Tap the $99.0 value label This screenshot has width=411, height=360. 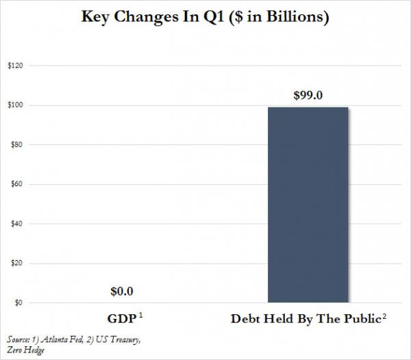[x=308, y=94]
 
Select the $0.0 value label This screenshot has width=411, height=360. [x=122, y=291]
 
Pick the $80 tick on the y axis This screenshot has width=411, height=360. [x=14, y=145]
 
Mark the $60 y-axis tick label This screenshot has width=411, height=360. [x=14, y=185]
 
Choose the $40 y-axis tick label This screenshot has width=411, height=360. [x=14, y=224]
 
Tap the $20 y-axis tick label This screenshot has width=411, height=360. [x=14, y=263]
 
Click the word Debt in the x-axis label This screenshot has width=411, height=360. [x=245, y=318]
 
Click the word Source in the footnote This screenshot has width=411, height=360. [x=18, y=339]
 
